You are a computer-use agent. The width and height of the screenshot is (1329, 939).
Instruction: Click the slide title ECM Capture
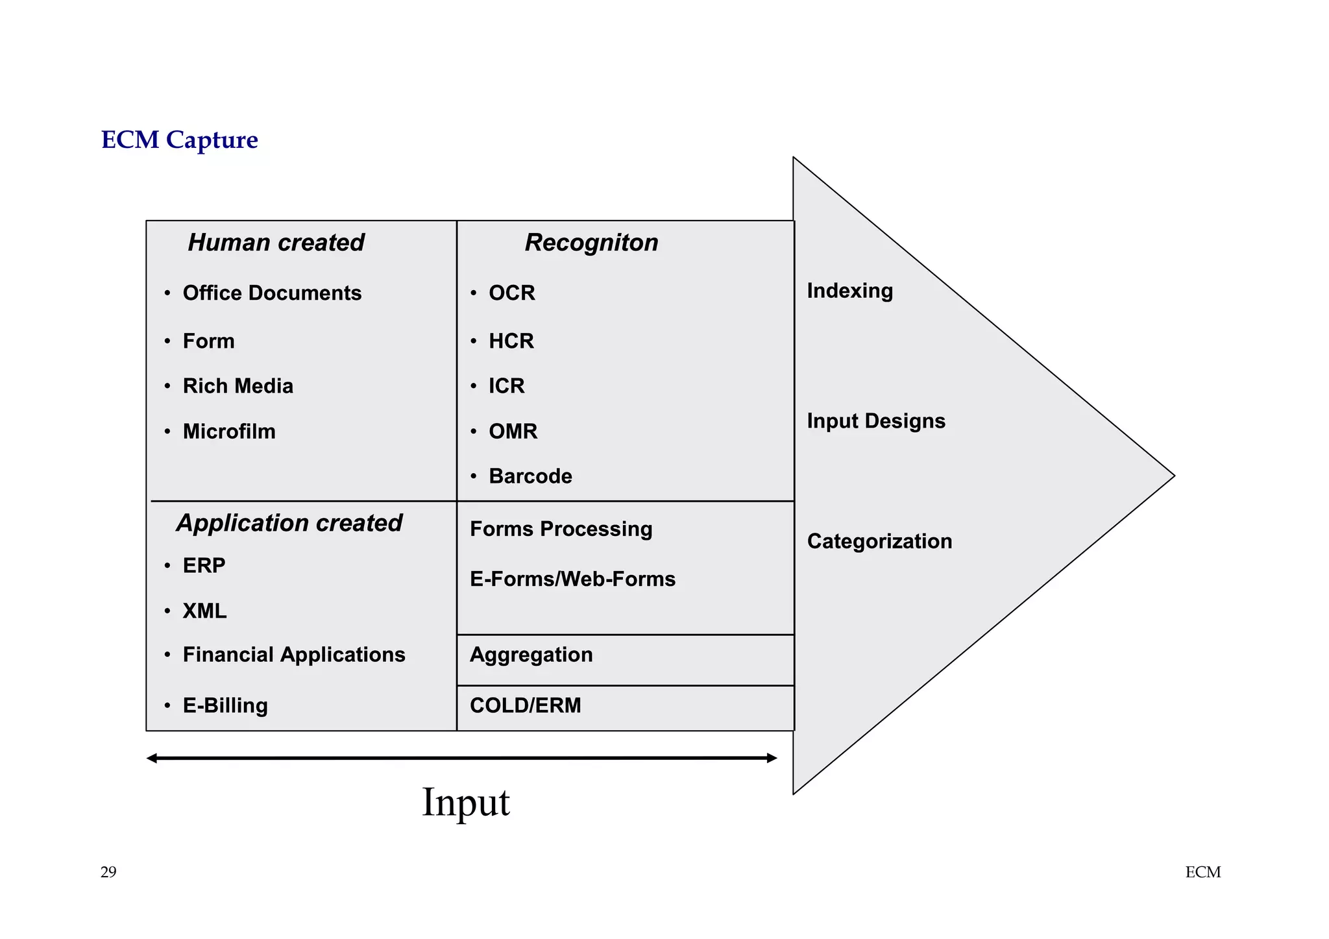pyautogui.click(x=179, y=140)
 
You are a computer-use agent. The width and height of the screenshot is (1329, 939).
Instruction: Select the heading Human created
pyautogui.click(x=276, y=243)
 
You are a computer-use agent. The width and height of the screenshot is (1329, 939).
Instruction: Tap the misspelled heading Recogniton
pyautogui.click(x=591, y=243)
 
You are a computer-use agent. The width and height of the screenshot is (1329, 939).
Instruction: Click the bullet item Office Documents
pyautogui.click(x=272, y=293)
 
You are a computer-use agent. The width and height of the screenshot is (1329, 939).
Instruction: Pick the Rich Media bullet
pyautogui.click(x=238, y=386)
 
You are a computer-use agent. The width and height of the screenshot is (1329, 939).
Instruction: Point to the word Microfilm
pyautogui.click(x=229, y=432)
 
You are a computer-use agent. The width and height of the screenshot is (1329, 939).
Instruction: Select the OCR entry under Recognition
pyautogui.click(x=511, y=293)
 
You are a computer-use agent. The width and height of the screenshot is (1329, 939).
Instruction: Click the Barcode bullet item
pyautogui.click(x=530, y=476)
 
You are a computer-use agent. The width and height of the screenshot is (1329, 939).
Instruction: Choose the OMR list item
pyautogui.click(x=513, y=432)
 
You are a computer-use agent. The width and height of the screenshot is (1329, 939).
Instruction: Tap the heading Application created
pyautogui.click(x=289, y=523)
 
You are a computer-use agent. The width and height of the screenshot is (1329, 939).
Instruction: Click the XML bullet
pyautogui.click(x=204, y=611)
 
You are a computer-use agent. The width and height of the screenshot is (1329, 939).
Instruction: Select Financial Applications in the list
pyautogui.click(x=294, y=655)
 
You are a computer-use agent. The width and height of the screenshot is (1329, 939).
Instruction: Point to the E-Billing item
pyautogui.click(x=225, y=705)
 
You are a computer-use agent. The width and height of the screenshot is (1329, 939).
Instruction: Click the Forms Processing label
pyautogui.click(x=561, y=530)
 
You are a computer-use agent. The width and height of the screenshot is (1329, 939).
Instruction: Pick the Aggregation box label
pyautogui.click(x=531, y=655)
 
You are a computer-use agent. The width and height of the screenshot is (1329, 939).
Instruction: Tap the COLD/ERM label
pyautogui.click(x=525, y=705)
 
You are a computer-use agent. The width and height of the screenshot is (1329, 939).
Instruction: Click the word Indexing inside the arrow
pyautogui.click(x=849, y=291)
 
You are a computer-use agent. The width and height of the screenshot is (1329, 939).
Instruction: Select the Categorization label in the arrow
pyautogui.click(x=879, y=541)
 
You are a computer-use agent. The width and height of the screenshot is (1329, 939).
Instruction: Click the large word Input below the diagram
pyautogui.click(x=466, y=803)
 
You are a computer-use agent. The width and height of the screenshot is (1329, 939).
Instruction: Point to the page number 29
pyautogui.click(x=108, y=872)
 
